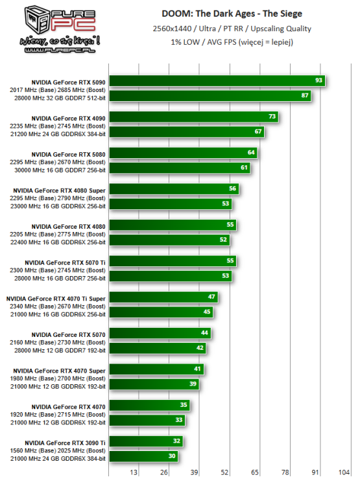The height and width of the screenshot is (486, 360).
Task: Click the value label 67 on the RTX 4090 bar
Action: (259, 132)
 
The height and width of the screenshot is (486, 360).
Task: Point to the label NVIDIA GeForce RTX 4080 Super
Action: (60, 190)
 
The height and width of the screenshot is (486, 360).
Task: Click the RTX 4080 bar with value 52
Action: (169, 240)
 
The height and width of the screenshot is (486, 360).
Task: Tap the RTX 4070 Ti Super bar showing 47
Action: (163, 297)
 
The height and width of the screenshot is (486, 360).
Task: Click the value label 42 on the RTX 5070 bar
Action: (200, 348)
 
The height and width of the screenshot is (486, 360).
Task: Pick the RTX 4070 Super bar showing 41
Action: (156, 370)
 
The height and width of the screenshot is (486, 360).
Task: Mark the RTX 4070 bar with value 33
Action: (147, 421)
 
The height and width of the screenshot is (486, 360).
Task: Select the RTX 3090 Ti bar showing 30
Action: (143, 457)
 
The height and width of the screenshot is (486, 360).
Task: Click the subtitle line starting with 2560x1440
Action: (232, 29)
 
